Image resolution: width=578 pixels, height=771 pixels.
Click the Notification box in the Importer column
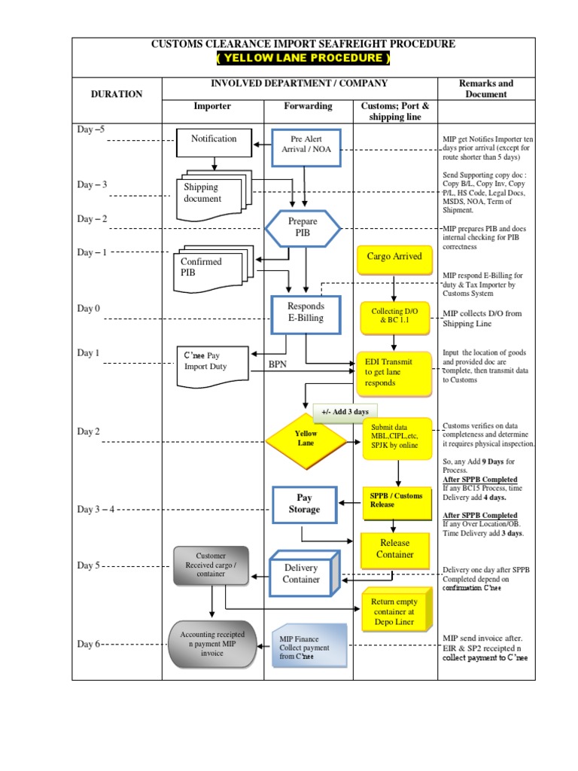[214, 139]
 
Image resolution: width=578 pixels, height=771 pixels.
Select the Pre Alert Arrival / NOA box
[306, 143]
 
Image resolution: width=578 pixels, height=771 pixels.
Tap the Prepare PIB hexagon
[303, 227]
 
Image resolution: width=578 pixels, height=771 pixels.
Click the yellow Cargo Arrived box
[394, 258]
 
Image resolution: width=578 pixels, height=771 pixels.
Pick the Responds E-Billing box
[306, 312]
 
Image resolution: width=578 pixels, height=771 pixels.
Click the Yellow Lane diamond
[306, 439]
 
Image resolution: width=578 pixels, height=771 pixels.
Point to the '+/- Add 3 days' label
[345, 412]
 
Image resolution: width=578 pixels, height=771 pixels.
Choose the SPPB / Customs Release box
[396, 500]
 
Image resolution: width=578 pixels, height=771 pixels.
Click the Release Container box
[395, 549]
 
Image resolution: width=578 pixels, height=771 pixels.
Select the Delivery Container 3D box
[302, 574]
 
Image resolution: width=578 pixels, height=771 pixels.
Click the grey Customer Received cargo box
[211, 566]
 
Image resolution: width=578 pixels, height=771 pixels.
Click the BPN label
[278, 364]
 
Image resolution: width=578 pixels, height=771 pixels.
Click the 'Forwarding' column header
[308, 106]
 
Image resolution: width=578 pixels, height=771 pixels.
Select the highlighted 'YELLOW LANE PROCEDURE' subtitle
[303, 59]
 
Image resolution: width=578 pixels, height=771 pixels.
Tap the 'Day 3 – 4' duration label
[96, 510]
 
